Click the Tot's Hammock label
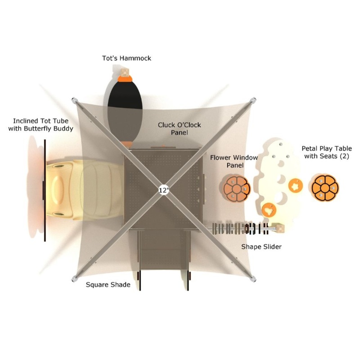[126, 58]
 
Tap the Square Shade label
[108, 285]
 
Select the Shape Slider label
[261, 247]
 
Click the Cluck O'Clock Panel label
[179, 129]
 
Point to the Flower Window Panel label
[234, 162]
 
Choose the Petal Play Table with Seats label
[327, 152]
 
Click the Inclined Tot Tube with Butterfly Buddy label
[40, 125]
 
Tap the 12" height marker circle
[164, 190]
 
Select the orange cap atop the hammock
[125, 79]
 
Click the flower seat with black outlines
[325, 188]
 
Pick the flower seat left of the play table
[237, 189]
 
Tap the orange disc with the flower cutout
[295, 186]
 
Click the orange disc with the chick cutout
[269, 210]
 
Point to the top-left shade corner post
[74, 100]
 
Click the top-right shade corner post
[253, 100]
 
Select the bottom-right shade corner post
[253, 279]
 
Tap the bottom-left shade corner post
[74, 279]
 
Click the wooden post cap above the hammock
[125, 72]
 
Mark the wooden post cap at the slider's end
[280, 229]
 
